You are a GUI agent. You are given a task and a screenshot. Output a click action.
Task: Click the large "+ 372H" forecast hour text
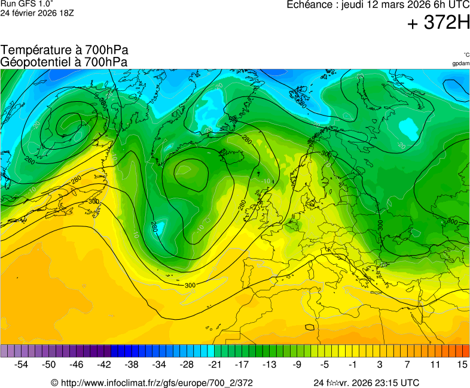point(438,23)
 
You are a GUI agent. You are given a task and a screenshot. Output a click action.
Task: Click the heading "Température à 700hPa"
point(65,50)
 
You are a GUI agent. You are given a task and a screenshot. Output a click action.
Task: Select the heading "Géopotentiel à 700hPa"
point(65,61)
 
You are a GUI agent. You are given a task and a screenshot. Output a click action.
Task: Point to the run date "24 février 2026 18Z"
point(37,13)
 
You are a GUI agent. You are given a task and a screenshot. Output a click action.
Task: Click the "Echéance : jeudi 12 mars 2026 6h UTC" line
point(378,5)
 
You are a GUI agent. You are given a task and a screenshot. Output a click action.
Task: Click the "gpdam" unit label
point(460,63)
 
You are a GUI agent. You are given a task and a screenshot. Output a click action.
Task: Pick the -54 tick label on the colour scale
point(22,364)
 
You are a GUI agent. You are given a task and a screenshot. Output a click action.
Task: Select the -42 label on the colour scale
point(104,364)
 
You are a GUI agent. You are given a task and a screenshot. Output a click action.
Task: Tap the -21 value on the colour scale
point(214,364)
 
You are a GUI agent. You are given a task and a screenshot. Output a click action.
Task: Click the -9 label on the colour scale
point(297,364)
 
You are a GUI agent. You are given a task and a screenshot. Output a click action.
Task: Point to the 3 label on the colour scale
point(380,364)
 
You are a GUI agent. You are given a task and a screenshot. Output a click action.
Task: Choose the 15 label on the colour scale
point(462,364)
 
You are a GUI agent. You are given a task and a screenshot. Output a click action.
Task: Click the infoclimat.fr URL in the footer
point(157,383)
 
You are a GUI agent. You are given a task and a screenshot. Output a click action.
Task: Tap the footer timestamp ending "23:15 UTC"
point(366,383)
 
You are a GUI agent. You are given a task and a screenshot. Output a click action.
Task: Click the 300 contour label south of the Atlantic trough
point(190,285)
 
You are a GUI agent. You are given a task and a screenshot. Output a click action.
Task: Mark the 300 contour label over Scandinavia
point(326,154)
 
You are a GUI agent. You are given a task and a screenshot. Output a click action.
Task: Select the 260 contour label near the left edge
point(30,160)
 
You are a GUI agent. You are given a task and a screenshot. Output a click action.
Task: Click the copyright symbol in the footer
point(54,383)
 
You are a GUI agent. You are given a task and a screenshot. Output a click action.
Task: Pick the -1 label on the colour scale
point(352,364)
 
